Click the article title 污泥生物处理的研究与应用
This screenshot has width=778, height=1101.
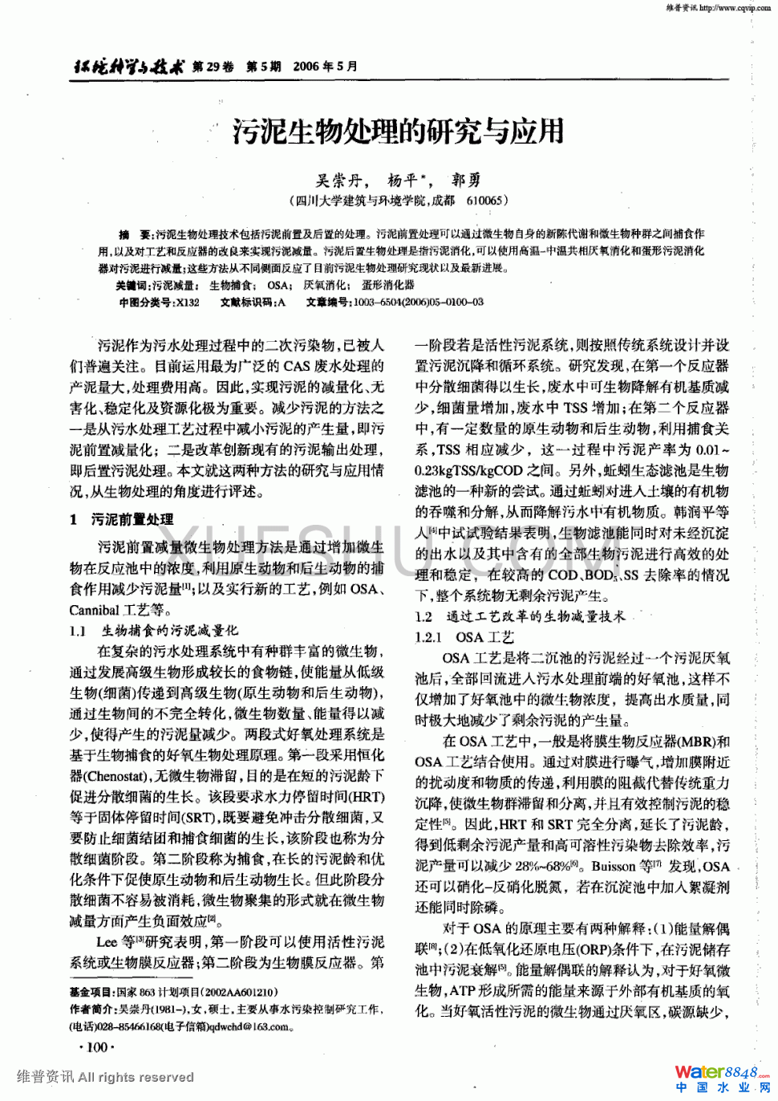point(398,131)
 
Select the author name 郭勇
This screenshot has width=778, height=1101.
point(467,181)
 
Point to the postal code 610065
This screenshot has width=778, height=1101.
point(484,201)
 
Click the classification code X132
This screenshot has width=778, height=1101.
point(187,303)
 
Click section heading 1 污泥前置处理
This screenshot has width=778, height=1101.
point(122,519)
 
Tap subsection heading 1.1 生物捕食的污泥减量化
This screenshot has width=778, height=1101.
point(153,631)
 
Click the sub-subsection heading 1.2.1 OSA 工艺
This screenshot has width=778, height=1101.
point(464,637)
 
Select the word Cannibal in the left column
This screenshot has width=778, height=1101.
point(94,610)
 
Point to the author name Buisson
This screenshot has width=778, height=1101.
point(614,867)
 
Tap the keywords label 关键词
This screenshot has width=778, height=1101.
point(132,285)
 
